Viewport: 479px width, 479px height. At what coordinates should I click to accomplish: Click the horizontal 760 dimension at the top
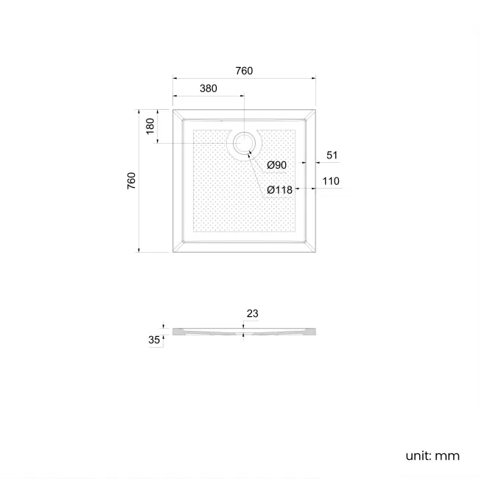point(244,71)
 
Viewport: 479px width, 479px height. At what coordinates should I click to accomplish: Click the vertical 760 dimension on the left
point(131,181)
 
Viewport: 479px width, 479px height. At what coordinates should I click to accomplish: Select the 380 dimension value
point(208,88)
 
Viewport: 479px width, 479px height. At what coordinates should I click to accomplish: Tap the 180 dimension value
point(150,126)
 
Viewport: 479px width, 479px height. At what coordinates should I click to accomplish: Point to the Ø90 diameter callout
point(276,164)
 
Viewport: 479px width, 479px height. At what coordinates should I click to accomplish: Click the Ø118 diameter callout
point(279,189)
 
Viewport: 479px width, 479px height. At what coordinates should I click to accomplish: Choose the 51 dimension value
point(332,155)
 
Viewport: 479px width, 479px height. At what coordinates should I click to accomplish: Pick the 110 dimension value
point(330,181)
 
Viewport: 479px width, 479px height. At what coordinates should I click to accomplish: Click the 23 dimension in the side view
point(252,313)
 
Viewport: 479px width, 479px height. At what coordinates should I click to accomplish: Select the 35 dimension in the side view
point(154,340)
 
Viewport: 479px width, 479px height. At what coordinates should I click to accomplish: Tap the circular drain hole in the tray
point(242,143)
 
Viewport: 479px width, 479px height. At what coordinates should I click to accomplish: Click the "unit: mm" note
point(432,455)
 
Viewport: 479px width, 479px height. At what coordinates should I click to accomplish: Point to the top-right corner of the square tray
point(315,109)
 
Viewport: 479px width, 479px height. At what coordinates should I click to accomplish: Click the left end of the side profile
point(174,332)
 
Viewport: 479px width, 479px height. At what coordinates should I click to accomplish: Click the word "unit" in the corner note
point(417,455)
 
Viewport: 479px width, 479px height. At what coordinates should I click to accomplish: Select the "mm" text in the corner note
point(447,455)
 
